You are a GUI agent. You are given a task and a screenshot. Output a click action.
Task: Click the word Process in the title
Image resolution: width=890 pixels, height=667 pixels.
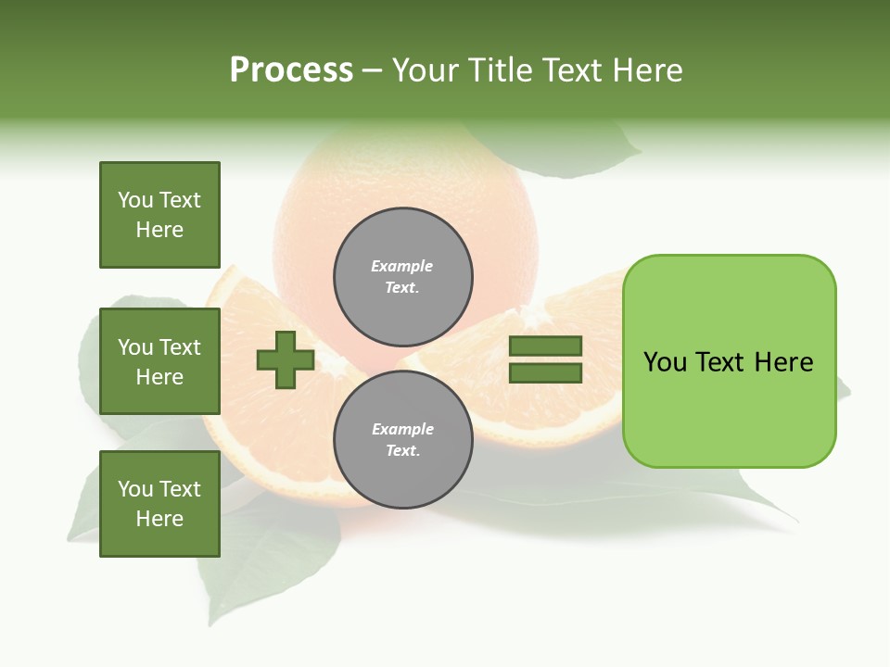tap(291, 70)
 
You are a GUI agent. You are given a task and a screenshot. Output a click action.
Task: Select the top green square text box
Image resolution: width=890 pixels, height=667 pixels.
tap(159, 215)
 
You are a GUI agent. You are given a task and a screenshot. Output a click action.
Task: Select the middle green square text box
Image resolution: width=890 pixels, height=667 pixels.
tap(159, 361)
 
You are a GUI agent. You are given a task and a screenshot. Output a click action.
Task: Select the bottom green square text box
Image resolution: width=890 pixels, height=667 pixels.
tap(159, 504)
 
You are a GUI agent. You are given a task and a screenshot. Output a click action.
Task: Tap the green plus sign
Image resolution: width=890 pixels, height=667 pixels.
tap(286, 359)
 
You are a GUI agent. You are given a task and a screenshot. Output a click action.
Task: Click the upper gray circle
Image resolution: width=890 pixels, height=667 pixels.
tap(402, 277)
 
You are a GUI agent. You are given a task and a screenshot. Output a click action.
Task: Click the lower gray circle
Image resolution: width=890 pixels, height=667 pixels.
tap(402, 440)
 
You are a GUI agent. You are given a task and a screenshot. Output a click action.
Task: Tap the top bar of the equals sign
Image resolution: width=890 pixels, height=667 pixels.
tap(545, 346)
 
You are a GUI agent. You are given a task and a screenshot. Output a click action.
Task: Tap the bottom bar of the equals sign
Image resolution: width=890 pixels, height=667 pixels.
tap(545, 373)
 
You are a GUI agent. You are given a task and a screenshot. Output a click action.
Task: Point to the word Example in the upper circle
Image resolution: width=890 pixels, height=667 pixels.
tap(401, 266)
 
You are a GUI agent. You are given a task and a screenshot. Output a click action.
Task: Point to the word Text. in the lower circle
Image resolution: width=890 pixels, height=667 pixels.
tap(402, 451)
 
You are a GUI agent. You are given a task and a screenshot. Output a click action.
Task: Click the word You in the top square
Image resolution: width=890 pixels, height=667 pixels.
tap(135, 200)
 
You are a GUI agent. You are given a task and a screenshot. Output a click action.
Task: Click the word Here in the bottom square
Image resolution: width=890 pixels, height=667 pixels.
tap(159, 519)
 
